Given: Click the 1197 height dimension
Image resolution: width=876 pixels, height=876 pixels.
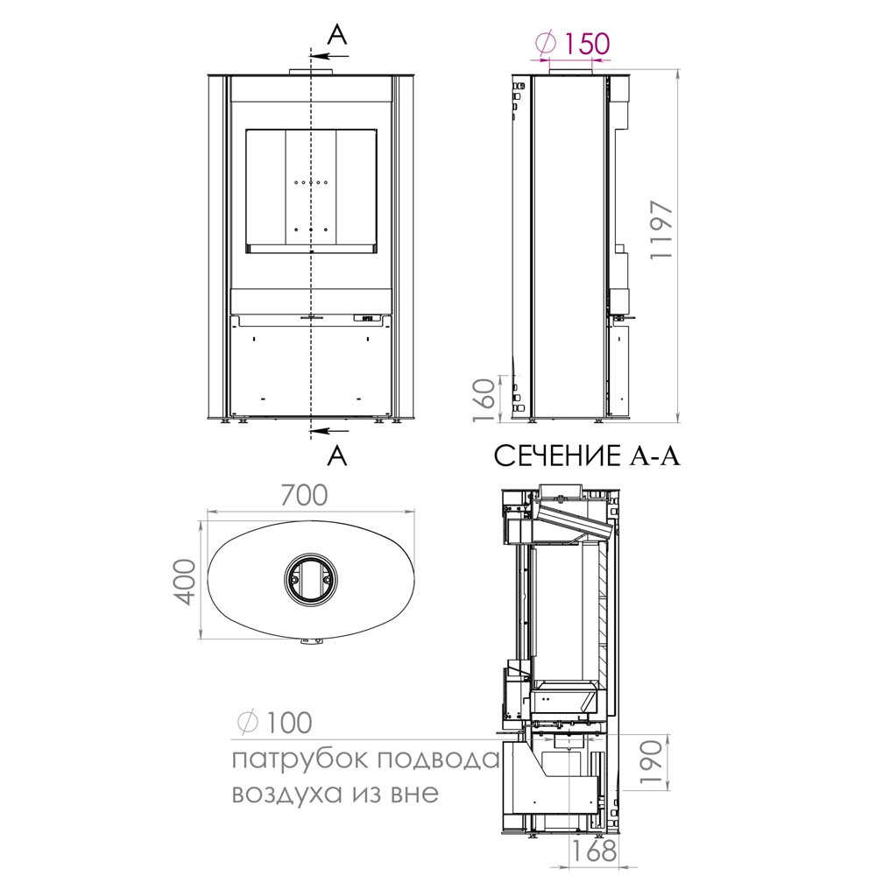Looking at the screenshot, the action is tap(663, 229).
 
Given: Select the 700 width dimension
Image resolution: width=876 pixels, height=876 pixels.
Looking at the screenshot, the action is tap(304, 495).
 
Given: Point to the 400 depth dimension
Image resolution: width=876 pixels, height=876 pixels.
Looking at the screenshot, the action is tap(186, 582).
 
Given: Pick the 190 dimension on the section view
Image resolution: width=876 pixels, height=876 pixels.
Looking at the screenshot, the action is tap(652, 761).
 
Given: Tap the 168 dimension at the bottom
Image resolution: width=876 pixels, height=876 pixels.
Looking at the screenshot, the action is tap(593, 851).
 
